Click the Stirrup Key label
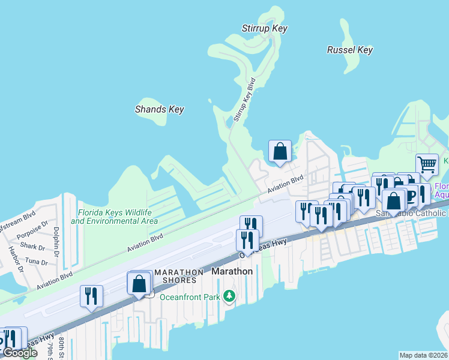pyautogui.click(x=264, y=29)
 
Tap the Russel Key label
pyautogui.click(x=350, y=50)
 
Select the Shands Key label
pyautogui.click(x=159, y=110)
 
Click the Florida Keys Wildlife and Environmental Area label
pyautogui.click(x=114, y=217)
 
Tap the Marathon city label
pyautogui.click(x=232, y=271)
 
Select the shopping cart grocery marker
pyautogui.click(x=427, y=163)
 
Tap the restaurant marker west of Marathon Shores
pyautogui.click(x=91, y=296)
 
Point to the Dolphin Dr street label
pyautogui.click(x=55, y=238)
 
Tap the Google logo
pyautogui.click(x=20, y=353)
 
